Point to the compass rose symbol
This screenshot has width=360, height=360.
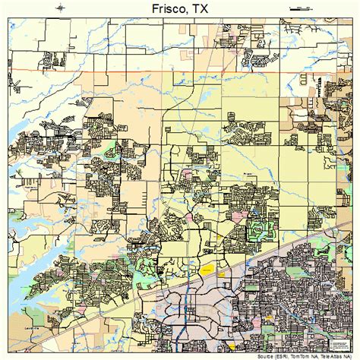pos(61,7)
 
